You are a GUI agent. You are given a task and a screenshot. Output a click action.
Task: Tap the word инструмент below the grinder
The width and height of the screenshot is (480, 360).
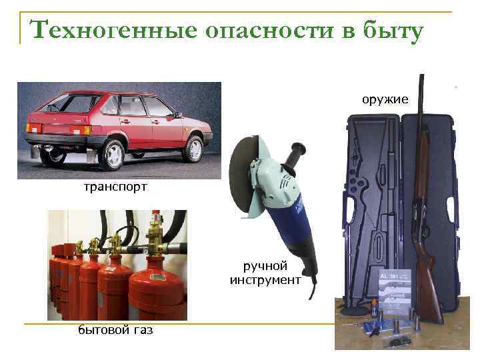(x=265, y=280)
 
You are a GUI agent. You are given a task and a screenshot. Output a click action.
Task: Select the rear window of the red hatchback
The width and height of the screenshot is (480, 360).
(x=70, y=103)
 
